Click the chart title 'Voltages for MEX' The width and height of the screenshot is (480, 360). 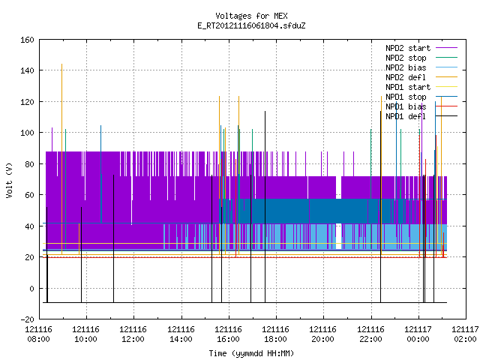point(251,16)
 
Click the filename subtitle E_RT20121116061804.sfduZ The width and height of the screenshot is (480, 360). point(251,25)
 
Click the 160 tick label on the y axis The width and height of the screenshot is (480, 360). point(27,40)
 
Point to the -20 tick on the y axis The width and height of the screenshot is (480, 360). point(27,319)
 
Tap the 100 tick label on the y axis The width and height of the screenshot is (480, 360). point(27,133)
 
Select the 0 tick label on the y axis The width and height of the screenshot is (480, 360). point(31,288)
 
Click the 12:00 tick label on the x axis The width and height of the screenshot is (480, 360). point(133,340)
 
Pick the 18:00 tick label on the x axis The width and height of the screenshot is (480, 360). point(275,340)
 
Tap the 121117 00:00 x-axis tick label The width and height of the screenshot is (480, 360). point(418,334)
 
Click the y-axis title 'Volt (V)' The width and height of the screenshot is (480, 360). point(10,180)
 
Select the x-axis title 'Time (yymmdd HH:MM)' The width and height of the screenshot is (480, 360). point(251,353)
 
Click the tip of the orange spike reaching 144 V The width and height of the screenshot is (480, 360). point(61,64)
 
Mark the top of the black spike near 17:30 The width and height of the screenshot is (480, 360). point(265,112)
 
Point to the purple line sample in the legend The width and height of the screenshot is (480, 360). point(447,48)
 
